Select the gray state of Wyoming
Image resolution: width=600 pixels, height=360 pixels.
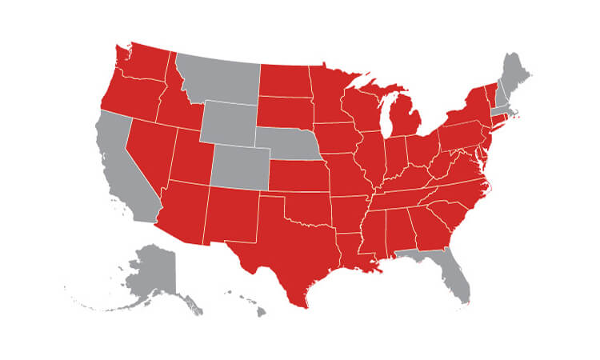pos(230,120)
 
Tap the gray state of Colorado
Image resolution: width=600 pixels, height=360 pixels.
pos(240,164)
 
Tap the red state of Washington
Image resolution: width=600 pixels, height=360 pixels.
pos(144,60)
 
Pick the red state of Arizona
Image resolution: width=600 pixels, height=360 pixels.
pos(184,212)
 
